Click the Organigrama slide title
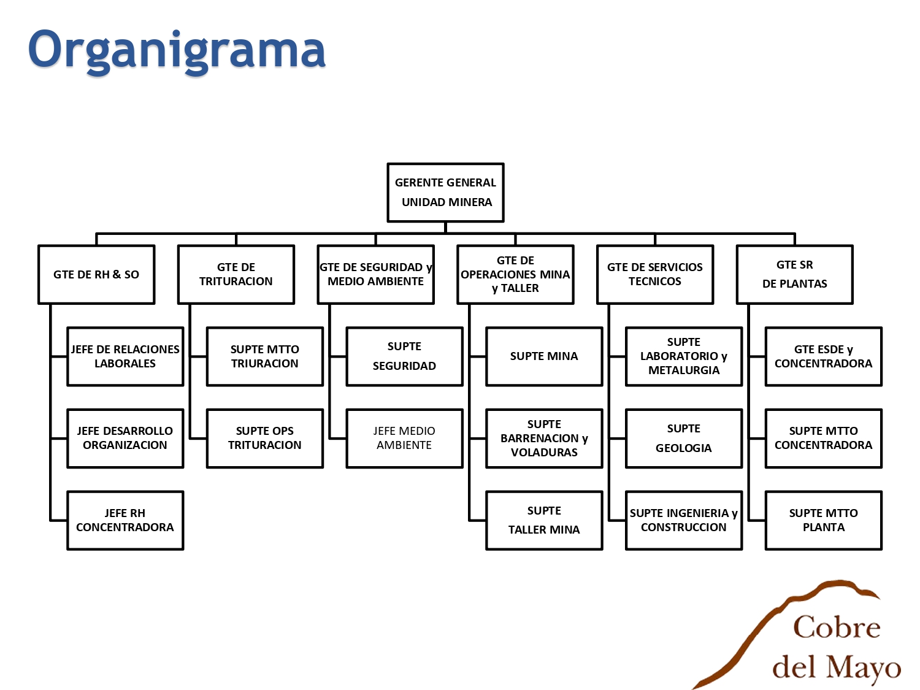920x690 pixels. pyautogui.click(x=177, y=51)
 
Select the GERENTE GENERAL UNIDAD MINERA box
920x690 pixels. pyautogui.click(x=445, y=193)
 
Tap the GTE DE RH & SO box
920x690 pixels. pyautogui.click(x=96, y=274)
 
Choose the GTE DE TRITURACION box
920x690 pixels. pyautogui.click(x=236, y=274)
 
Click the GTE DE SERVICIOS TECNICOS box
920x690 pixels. pyautogui.click(x=655, y=274)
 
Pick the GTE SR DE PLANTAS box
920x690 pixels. pyautogui.click(x=795, y=274)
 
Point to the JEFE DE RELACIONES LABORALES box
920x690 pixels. pyautogui.click(x=125, y=356)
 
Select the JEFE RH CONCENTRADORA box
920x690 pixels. pyautogui.click(x=125, y=520)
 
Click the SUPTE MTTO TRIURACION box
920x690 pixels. pyautogui.click(x=265, y=356)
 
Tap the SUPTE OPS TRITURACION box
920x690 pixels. pyautogui.click(x=265, y=438)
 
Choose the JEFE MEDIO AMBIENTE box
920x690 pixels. pyautogui.click(x=404, y=438)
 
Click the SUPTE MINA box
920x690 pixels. pyautogui.click(x=545, y=356)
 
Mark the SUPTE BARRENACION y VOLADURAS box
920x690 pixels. pyautogui.click(x=545, y=438)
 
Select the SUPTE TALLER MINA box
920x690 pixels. pyautogui.click(x=545, y=520)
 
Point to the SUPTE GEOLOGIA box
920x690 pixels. pyautogui.click(x=684, y=438)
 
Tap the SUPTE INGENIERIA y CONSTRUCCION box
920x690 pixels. pyautogui.click(x=684, y=520)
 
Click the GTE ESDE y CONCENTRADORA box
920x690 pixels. pyautogui.click(x=824, y=356)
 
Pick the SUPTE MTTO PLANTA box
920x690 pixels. pyautogui.click(x=824, y=520)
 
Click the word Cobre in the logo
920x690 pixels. pyautogui.click(x=837, y=627)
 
